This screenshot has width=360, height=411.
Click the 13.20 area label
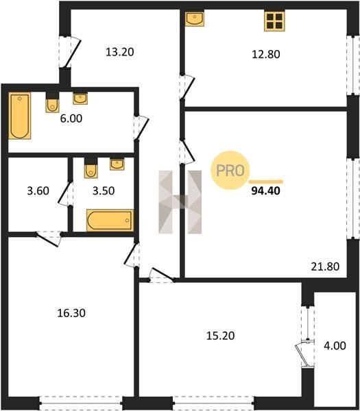tap(120, 52)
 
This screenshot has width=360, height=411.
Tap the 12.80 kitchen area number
tap(266, 54)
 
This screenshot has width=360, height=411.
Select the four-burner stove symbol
tap(274, 21)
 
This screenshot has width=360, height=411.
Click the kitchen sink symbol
tap(195, 18)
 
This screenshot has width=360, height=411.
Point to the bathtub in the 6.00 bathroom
tap(20, 115)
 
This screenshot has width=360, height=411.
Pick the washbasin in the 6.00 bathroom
tap(80, 99)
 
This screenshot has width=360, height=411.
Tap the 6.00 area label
tap(71, 119)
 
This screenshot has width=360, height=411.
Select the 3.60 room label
tap(38, 190)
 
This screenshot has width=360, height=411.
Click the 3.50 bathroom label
tap(104, 190)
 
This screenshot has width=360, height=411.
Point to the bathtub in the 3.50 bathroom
tap(110, 220)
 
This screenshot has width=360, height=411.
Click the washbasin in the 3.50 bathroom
tap(117, 164)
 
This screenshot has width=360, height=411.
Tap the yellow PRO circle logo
tap(230, 171)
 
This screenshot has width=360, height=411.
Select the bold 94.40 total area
tap(266, 191)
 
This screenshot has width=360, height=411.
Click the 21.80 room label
tap(325, 266)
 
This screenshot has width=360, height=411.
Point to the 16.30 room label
tap(71, 313)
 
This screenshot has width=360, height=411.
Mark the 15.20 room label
tap(220, 336)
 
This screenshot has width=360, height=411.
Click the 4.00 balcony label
tap(335, 346)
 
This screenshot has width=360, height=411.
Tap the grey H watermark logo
tap(180, 202)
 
